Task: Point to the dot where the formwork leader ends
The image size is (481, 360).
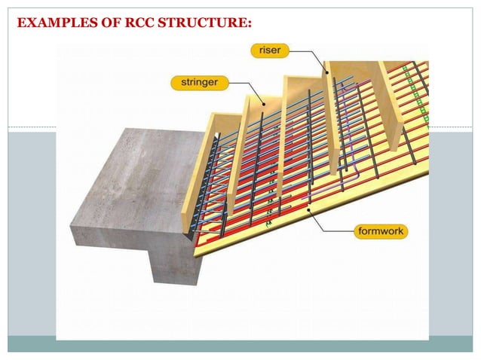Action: (x=309, y=203)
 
